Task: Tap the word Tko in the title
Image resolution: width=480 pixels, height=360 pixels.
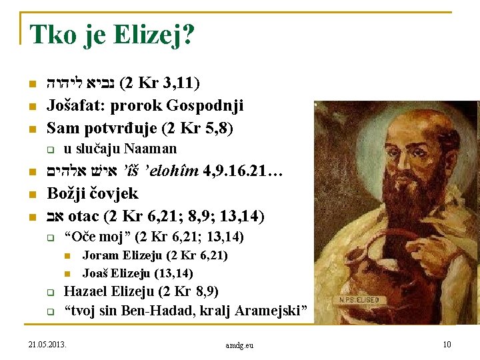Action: (52, 35)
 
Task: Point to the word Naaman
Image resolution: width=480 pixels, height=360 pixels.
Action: (151, 148)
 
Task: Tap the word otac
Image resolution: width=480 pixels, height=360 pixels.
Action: (84, 216)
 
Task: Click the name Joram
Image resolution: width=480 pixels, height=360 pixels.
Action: (101, 255)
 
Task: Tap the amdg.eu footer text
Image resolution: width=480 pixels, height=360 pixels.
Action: (239, 345)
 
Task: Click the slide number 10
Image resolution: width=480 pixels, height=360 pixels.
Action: (447, 345)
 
